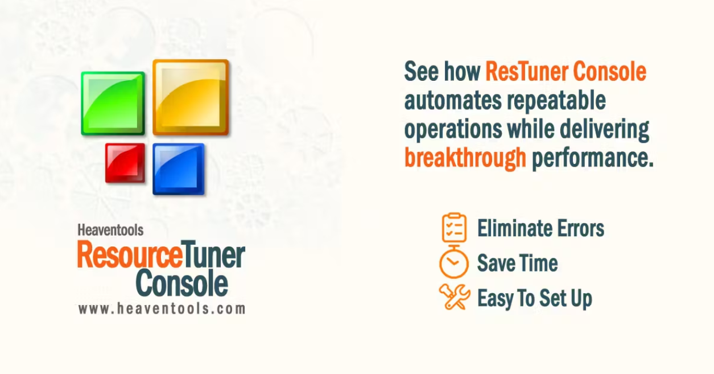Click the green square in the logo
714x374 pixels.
[113, 103]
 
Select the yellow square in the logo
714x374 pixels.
[191, 97]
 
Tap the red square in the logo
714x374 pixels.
[125, 163]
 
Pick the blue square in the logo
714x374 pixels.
[178, 169]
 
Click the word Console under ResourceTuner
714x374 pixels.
[182, 283]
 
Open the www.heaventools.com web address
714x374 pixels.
[162, 309]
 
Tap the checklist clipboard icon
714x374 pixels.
[454, 228]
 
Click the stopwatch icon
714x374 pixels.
[453, 262]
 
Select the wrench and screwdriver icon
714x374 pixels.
[454, 297]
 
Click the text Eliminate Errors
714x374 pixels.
[540, 229]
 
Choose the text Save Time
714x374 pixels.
[517, 264]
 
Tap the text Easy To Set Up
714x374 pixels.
[534, 298]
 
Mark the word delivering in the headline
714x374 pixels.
[604, 130]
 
